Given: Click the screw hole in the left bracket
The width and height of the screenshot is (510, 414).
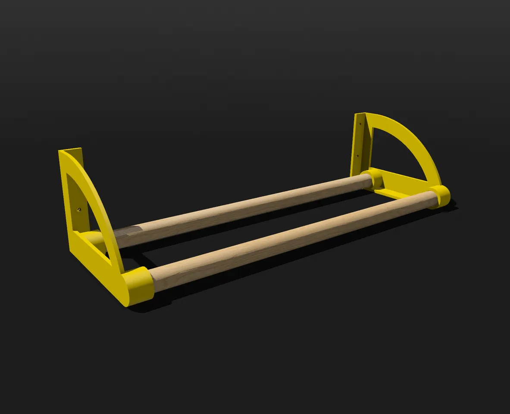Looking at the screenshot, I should point(79,210).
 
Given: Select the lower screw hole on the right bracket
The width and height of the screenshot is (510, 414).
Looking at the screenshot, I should point(357,156).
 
